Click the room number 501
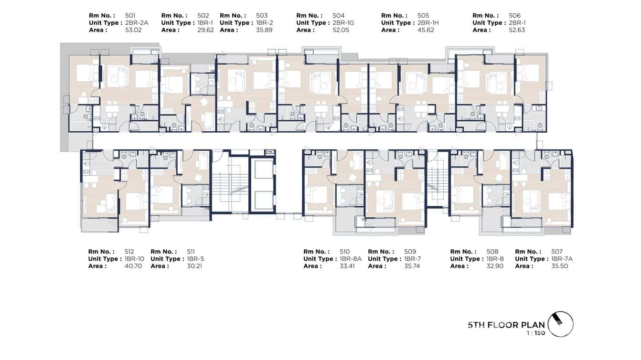point(130,15)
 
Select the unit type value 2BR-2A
point(137,22)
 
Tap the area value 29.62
point(205,30)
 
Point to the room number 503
point(262,15)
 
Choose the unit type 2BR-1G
point(343,22)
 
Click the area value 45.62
point(426,30)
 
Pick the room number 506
point(514,15)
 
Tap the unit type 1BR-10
point(134,259)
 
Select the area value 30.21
point(194,266)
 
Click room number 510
point(344,252)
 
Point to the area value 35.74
point(412,266)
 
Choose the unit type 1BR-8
point(495,259)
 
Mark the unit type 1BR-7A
point(562,259)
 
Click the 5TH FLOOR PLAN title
point(506,325)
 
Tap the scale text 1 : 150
point(536,333)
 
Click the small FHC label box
point(270,152)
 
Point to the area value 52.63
point(517,30)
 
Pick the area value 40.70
point(133,266)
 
